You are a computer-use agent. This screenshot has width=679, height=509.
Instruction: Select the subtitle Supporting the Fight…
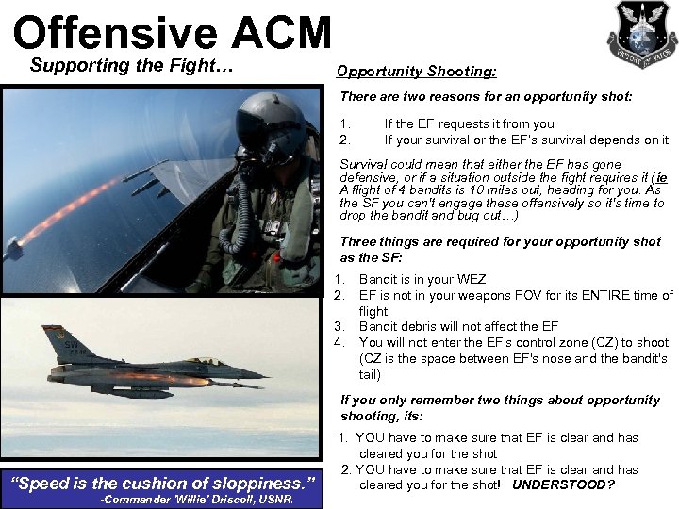click(x=131, y=66)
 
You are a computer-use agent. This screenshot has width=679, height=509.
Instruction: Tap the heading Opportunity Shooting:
click(x=416, y=72)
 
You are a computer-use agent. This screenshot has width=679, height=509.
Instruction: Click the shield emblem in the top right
click(x=641, y=34)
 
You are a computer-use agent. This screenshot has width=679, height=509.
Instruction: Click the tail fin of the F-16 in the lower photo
click(x=65, y=342)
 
